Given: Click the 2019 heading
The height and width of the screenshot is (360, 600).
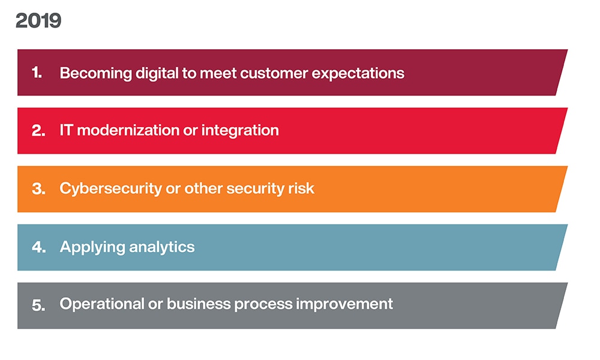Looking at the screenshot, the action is [38, 20].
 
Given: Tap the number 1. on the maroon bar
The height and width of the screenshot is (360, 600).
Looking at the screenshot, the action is [37, 73].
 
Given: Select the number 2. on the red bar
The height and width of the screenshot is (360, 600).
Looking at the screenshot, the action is [38, 131].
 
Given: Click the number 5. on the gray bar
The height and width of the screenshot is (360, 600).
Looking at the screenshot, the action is [38, 305].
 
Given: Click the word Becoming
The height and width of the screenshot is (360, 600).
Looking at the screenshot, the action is [95, 73].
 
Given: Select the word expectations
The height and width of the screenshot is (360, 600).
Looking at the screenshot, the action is [358, 74].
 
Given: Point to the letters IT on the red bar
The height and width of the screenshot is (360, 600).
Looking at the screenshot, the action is [66, 130].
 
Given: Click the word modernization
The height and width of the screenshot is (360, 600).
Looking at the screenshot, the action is [128, 130].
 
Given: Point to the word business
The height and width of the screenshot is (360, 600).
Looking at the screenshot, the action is [199, 304].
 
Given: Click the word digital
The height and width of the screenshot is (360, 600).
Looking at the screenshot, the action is [157, 73].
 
